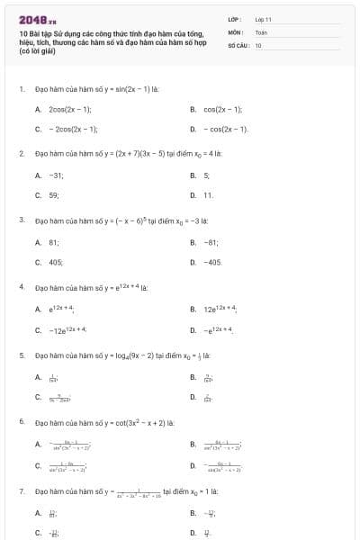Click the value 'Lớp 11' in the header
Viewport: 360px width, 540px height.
pos(264,19)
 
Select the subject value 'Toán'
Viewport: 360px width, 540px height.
pos(262,31)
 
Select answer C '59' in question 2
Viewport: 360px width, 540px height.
pos(53,194)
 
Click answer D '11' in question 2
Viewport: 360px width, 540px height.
pos(208,194)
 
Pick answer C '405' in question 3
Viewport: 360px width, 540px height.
pos(55,261)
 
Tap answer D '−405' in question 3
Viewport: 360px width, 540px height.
pos(212,261)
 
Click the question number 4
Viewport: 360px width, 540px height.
pos(21,286)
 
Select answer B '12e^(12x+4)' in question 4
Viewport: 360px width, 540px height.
pos(221,308)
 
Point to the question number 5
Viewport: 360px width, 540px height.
pos(21,355)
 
